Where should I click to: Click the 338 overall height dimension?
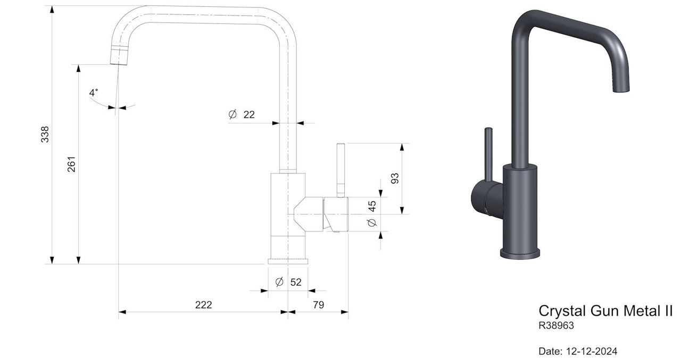(45, 134)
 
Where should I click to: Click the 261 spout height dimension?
(71, 164)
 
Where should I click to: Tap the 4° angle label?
(94, 93)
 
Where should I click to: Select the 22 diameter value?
(249, 114)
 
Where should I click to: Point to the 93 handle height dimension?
(395, 178)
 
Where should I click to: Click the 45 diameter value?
(372, 206)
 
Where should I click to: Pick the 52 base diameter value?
(296, 282)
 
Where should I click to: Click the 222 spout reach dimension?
(203, 305)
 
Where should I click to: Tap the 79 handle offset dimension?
(319, 305)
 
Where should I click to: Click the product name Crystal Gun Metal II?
(605, 311)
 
